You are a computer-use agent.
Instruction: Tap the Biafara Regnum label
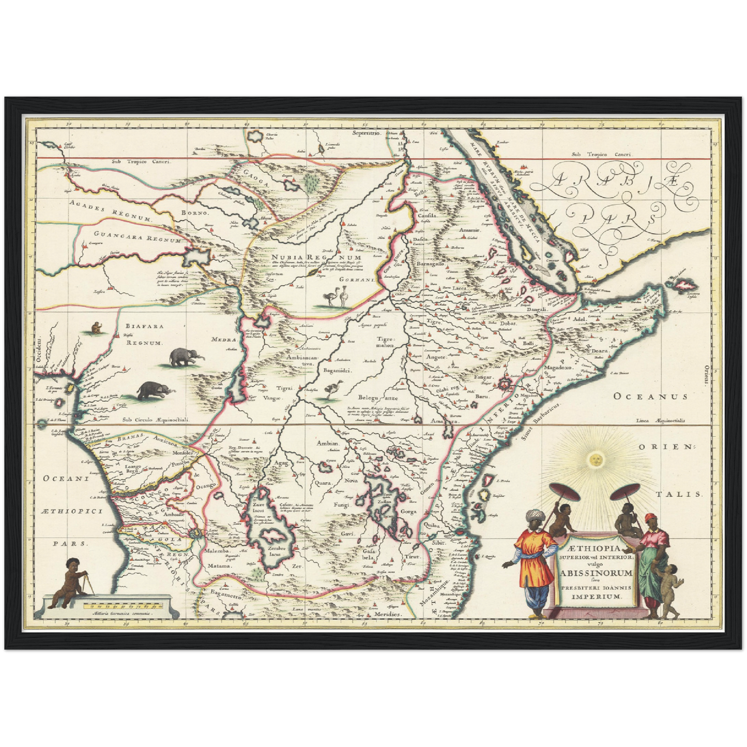coord(137,334)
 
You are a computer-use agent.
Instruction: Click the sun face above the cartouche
coord(595,458)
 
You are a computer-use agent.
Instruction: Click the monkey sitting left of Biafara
coord(96,327)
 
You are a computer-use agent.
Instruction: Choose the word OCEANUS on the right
coord(651,397)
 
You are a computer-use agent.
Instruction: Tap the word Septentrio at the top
coord(366,133)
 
